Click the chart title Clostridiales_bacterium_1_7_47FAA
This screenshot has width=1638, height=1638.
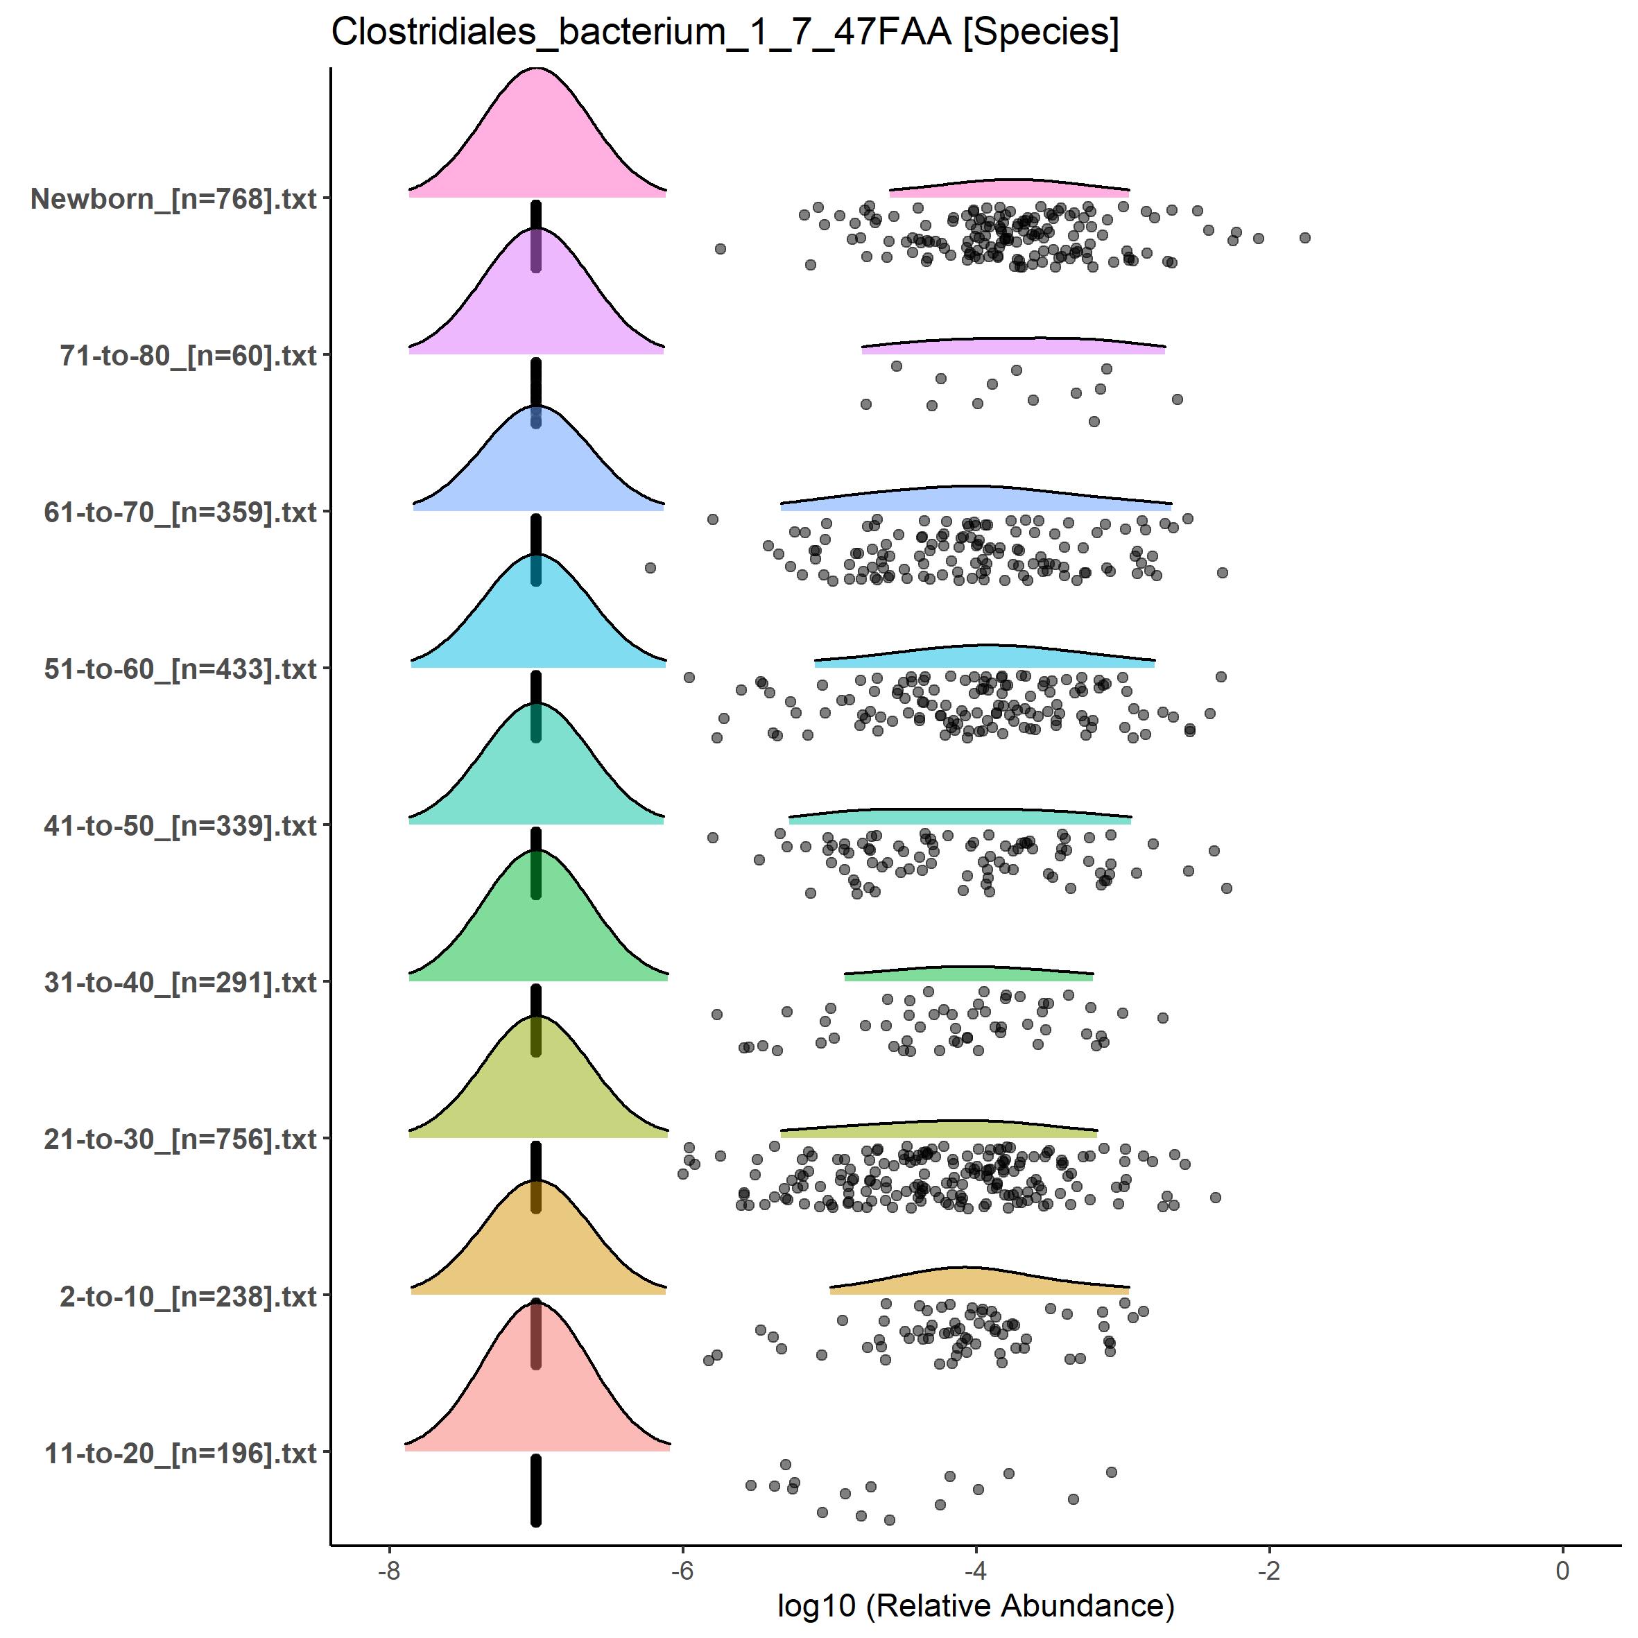[725, 32]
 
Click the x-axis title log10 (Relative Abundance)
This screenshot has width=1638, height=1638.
[975, 1605]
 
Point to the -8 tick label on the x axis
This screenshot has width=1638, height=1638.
[389, 1570]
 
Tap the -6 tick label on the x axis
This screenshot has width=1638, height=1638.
[682, 1570]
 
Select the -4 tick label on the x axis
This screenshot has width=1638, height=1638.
[976, 1570]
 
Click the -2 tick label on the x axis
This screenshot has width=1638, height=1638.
[1269, 1570]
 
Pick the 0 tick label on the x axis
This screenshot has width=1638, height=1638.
[1562, 1570]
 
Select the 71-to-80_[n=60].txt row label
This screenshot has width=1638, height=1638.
[188, 356]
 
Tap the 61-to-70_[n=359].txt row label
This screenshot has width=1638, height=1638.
[180, 513]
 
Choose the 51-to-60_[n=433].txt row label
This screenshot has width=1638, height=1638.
[180, 669]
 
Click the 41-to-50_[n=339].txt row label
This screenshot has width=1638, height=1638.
[180, 826]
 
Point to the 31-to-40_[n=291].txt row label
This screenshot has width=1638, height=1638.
[180, 983]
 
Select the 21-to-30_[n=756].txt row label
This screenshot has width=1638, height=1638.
[180, 1139]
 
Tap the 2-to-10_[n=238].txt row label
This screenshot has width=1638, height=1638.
[188, 1296]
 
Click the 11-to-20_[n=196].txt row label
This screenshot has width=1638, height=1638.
[180, 1453]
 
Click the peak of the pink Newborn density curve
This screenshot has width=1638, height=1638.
[537, 69]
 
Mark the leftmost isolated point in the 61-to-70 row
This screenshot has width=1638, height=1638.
[650, 567]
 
